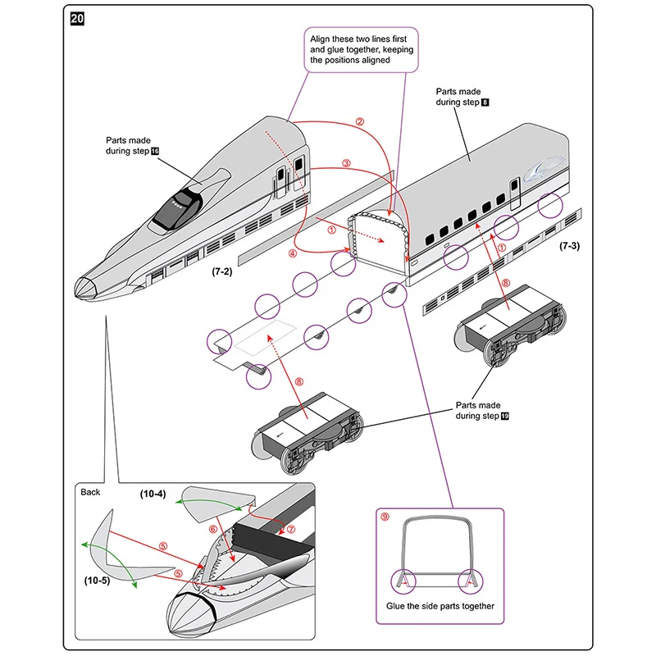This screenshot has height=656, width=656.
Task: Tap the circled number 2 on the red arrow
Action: pyautogui.click(x=359, y=121)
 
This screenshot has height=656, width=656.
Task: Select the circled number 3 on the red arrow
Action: pyautogui.click(x=346, y=163)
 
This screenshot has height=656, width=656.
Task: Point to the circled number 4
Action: pyautogui.click(x=293, y=253)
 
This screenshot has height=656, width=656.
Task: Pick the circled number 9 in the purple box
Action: pyautogui.click(x=385, y=517)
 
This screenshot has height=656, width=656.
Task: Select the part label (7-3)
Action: pyautogui.click(x=570, y=245)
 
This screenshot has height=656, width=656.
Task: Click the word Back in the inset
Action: pyautogui.click(x=90, y=492)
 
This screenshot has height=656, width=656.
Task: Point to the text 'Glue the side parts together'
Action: pyautogui.click(x=440, y=606)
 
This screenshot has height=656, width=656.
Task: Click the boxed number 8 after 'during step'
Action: pyautogui.click(x=485, y=102)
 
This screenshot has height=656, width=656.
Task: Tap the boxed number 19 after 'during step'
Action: pyautogui.click(x=505, y=417)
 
